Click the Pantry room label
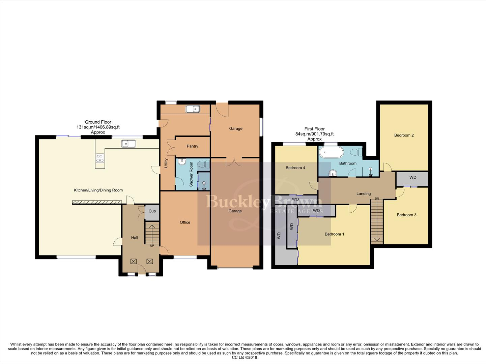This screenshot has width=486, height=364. point(192,146)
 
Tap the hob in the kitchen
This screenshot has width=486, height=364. point(100,158)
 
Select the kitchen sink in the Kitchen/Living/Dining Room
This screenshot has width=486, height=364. point(128,144)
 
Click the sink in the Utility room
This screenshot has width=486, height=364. point(193,109)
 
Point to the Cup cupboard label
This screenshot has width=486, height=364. point(152,211)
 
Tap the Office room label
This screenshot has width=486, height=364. point(185,222)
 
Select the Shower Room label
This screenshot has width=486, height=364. point(191,174)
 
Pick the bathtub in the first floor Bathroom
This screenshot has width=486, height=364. point(331,152)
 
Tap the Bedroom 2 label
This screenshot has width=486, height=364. point(404,135)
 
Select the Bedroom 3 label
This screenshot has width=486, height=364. point(406,215)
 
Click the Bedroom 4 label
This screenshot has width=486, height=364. point(295,168)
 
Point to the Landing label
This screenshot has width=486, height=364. point(363,194)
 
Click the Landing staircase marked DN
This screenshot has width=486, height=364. point(377,221)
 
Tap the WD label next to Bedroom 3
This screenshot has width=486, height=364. point(412,178)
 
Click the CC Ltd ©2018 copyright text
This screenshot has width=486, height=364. point(243,358)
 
